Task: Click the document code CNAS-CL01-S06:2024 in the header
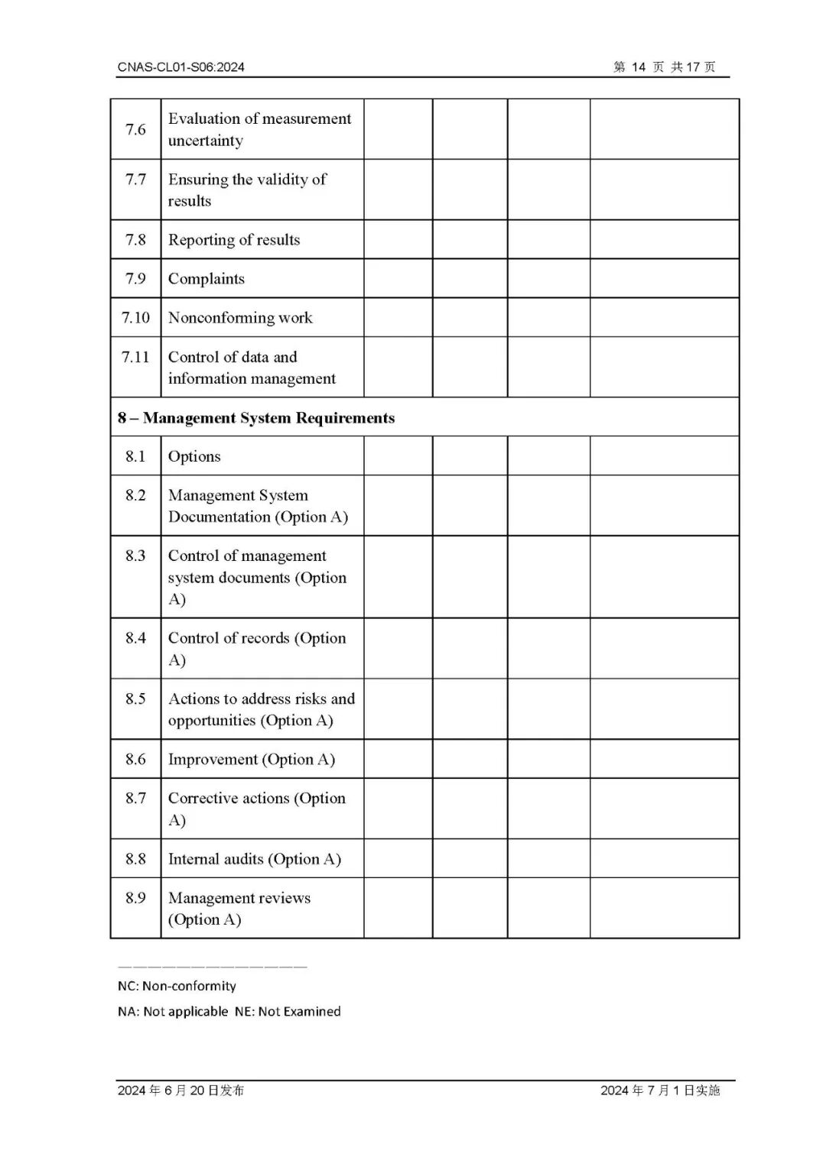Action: pyautogui.click(x=181, y=67)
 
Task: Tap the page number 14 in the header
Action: pyautogui.click(x=639, y=67)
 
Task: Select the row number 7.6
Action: pyautogui.click(x=135, y=129)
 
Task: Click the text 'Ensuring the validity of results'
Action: pyautogui.click(x=247, y=190)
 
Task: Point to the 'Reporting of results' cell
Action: pyautogui.click(x=234, y=240)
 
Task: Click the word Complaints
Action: pyautogui.click(x=206, y=279)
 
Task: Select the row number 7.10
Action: pyautogui.click(x=135, y=318)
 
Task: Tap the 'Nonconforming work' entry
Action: pyautogui.click(x=240, y=318)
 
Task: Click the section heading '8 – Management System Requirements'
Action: pyautogui.click(x=256, y=418)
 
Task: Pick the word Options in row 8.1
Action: pyautogui.click(x=194, y=457)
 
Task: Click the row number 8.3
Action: pyautogui.click(x=135, y=556)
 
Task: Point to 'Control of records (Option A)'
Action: pyautogui.click(x=257, y=648)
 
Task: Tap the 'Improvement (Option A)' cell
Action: pyautogui.click(x=252, y=760)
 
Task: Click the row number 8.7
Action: pyautogui.click(x=135, y=799)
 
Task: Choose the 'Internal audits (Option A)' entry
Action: pyautogui.click(x=255, y=859)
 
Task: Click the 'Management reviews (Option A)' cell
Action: pyautogui.click(x=239, y=908)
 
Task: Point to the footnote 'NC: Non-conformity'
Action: pyautogui.click(x=177, y=986)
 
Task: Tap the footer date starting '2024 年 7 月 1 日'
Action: pyautogui.click(x=660, y=1091)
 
